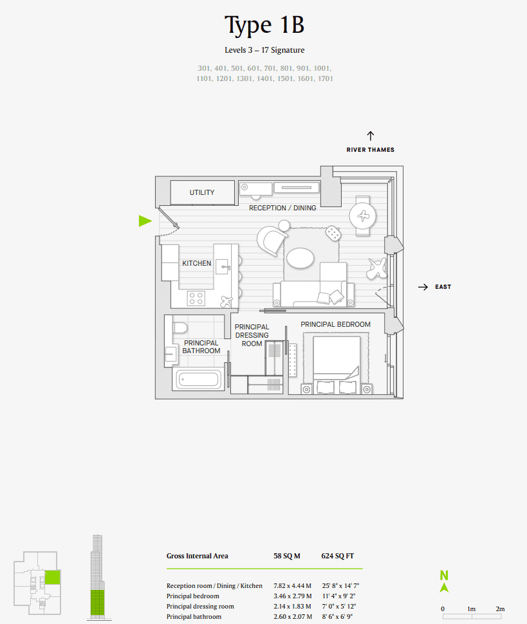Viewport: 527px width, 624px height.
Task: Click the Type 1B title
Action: [x=264, y=26]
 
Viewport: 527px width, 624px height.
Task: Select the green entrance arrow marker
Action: [x=145, y=221]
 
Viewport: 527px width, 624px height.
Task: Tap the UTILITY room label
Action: [x=201, y=192]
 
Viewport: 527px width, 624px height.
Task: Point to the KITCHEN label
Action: [x=196, y=263]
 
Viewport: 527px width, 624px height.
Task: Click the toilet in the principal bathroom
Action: [x=180, y=327]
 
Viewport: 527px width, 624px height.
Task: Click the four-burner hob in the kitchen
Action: [x=196, y=298]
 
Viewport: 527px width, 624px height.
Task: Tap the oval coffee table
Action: [x=300, y=258]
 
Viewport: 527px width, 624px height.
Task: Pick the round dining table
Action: [x=365, y=216]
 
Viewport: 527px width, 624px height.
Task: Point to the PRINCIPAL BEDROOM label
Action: [x=335, y=324]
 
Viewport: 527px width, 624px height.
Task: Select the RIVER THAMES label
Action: [x=370, y=150]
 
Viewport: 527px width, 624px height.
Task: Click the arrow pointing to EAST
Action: [x=423, y=287]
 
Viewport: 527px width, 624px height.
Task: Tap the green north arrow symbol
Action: [x=444, y=582]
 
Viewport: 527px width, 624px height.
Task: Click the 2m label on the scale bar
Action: [x=500, y=609]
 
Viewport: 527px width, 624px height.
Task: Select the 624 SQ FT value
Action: [x=337, y=556]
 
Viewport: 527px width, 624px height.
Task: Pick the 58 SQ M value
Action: [x=287, y=556]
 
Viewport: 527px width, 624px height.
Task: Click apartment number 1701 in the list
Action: [x=325, y=78]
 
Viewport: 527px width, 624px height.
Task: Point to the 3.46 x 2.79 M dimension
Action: [x=293, y=596]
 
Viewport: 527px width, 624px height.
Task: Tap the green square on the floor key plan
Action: [x=52, y=577]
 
